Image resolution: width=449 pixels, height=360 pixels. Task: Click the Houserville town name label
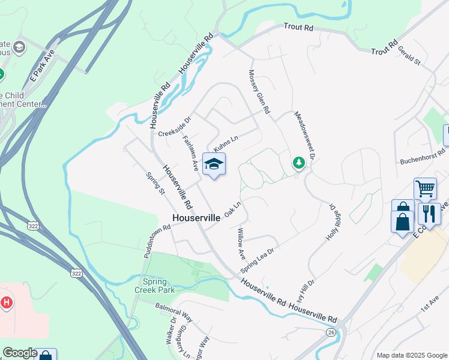point(196,218)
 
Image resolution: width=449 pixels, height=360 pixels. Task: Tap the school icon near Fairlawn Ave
point(214,164)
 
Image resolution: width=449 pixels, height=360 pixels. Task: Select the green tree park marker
point(298,162)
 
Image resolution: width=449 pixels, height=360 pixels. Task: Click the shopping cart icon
point(425,188)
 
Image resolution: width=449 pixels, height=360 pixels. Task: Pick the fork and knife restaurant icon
point(429,213)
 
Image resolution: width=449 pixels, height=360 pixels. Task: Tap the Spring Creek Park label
point(158,285)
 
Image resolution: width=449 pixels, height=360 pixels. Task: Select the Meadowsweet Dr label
point(304,135)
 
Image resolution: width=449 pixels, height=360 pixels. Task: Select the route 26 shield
point(331,332)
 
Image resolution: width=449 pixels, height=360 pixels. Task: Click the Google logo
point(20,353)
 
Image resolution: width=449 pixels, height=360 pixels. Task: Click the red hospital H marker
point(7,302)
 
